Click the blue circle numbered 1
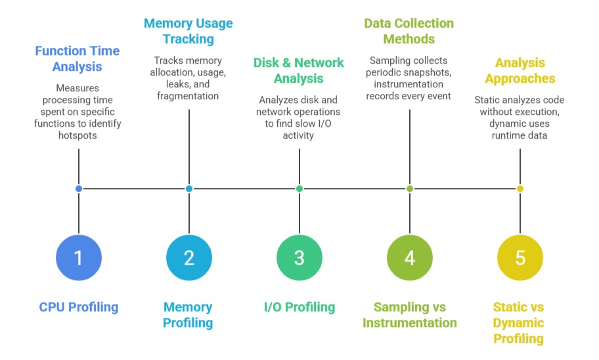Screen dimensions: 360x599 pos(79,257)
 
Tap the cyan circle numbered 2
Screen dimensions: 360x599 pos(189,257)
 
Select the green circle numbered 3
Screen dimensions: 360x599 pos(299,257)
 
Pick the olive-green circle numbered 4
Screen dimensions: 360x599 pos(410,257)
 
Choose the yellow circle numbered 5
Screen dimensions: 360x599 pos(520,257)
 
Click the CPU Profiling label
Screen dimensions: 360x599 pos(79,307)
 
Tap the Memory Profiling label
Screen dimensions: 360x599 pos(189,315)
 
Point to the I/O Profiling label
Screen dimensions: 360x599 pos(299,307)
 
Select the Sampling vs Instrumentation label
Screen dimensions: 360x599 pos(410,315)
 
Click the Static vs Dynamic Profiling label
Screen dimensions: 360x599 pos(519,323)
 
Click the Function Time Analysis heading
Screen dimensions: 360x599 pos(78,58)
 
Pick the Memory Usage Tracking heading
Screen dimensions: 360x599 pos(189,31)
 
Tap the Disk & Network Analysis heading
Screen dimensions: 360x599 pos(299,70)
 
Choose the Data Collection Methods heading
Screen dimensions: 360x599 pos(409,31)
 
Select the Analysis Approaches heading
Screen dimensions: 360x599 pos(520,70)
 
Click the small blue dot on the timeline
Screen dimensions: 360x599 pos(79,189)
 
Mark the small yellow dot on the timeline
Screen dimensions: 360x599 pos(520,189)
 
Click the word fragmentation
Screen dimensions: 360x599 pos(189,96)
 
